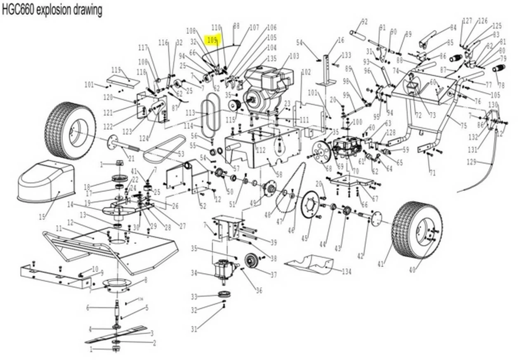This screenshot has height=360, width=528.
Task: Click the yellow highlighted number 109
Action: point(212,40)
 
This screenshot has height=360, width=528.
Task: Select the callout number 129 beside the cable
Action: point(472,162)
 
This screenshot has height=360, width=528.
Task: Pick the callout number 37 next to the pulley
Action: point(273,275)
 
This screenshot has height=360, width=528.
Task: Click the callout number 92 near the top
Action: point(364,21)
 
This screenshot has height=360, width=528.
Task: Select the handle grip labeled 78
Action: point(498,68)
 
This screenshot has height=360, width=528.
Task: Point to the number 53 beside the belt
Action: point(180,154)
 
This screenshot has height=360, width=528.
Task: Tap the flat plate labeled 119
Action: point(123,81)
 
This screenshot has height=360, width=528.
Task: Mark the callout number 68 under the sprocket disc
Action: point(329,168)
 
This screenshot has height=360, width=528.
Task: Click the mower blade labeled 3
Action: point(116,334)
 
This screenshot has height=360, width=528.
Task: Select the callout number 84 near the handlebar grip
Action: point(453,28)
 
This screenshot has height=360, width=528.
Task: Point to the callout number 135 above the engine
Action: point(271,59)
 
